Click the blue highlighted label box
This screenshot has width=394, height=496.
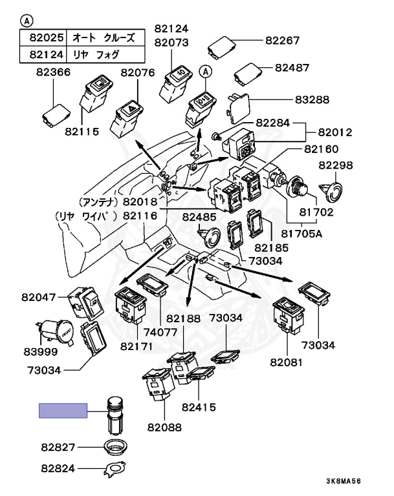(63, 411)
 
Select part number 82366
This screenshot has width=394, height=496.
(53, 72)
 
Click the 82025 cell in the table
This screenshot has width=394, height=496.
(47, 37)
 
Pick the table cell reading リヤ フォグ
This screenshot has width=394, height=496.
(96, 54)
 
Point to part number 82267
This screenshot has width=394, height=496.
(283, 41)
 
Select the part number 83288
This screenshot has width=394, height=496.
(312, 99)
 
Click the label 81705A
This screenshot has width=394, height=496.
(301, 233)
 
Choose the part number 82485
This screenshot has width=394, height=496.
(199, 217)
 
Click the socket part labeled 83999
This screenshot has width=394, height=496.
(56, 332)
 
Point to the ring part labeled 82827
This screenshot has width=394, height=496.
(116, 447)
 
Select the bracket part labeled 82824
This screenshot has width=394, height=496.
(115, 468)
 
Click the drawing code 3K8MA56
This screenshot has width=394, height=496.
(344, 481)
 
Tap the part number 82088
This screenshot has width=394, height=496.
(164, 428)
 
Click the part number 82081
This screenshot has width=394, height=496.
(286, 362)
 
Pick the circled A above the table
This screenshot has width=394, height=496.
(27, 21)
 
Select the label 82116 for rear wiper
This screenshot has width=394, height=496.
(140, 216)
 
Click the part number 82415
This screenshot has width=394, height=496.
(199, 407)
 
